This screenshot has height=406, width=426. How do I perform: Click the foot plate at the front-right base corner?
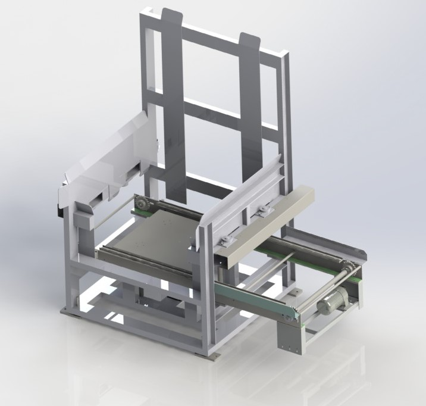[x=209, y=356]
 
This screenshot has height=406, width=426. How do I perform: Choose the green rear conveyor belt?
[x=297, y=250]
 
